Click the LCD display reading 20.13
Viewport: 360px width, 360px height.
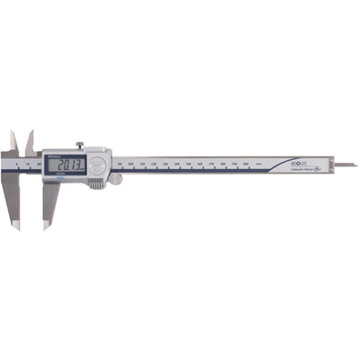[66, 165]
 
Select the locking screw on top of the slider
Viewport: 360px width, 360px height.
[78, 145]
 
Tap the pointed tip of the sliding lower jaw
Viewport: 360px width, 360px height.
[45, 225]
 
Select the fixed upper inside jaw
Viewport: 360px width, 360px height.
[14, 141]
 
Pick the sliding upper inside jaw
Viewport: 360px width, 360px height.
[30, 141]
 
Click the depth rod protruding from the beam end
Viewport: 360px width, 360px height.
[345, 165]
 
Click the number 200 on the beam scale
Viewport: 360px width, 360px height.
[245, 165]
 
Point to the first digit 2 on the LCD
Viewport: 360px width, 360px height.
[57, 165]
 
